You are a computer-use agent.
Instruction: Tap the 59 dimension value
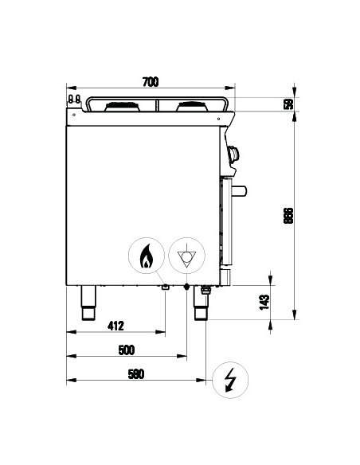coord(288,104)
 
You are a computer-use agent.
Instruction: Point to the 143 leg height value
coord(265,302)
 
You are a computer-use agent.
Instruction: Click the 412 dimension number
coord(116,326)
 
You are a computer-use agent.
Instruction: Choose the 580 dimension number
coord(136,375)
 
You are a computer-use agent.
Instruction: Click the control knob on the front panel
coord(233,155)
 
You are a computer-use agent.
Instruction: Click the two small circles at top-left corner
coord(74,100)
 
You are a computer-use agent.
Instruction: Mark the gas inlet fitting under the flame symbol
coord(166,287)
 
